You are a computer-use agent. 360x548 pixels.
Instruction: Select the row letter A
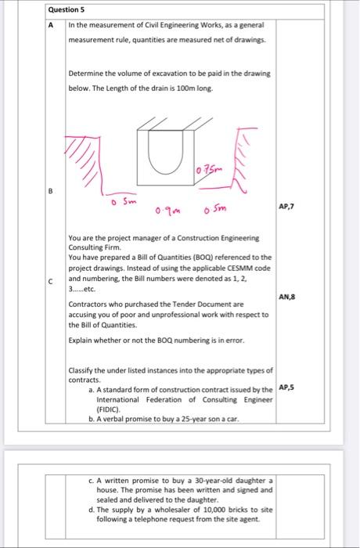[52, 24]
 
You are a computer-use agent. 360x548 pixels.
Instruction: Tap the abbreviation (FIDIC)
[106, 409]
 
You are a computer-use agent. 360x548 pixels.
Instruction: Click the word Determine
[86, 74]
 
